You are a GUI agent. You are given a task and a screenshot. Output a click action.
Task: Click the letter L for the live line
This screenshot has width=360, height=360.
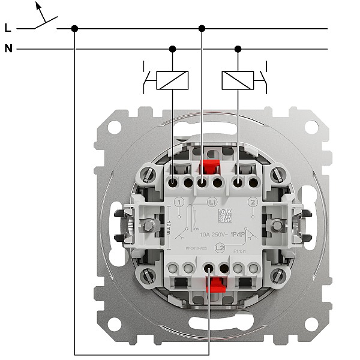pyautogui.click(x=7, y=28)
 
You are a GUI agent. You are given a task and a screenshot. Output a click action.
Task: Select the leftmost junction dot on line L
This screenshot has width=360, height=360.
pyautogui.click(x=75, y=28)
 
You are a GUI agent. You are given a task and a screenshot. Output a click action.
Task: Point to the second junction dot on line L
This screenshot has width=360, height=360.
pyautogui.click(x=202, y=28)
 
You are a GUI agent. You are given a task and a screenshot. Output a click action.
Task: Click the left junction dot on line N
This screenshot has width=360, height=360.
pyautogui.click(x=173, y=49)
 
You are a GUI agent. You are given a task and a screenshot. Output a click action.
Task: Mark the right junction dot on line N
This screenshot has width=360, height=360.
pyautogui.click(x=238, y=49)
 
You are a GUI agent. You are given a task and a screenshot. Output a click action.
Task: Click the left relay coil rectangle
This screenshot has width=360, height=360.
pyautogui.click(x=173, y=80)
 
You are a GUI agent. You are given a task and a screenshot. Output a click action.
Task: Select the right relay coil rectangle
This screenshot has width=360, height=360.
pyautogui.click(x=238, y=80)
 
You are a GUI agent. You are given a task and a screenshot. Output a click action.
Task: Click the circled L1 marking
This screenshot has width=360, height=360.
pyautogui.click(x=212, y=203)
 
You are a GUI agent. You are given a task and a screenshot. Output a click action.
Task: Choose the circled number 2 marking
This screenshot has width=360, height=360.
pyautogui.click(x=253, y=203)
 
